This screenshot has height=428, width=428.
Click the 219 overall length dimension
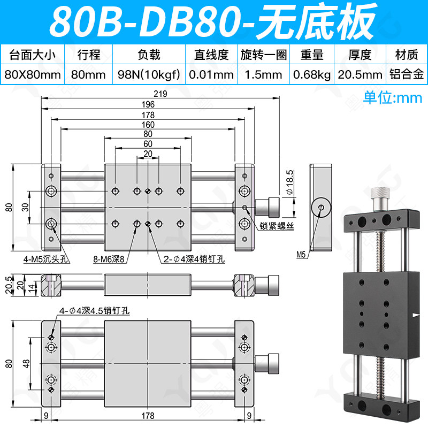[x=160, y=94]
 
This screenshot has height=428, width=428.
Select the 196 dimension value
[x=148, y=104]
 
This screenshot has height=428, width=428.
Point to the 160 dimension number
[x=148, y=125]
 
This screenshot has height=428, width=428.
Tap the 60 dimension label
[x=148, y=144]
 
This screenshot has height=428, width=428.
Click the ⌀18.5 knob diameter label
[x=289, y=182]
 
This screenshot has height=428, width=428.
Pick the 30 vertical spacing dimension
[x=25, y=207]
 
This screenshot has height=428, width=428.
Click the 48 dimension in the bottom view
[x=26, y=364]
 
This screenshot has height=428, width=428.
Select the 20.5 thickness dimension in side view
[x=9, y=285]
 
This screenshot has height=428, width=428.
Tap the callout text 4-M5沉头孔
[x=45, y=259]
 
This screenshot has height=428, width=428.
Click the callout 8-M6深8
[x=109, y=259]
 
